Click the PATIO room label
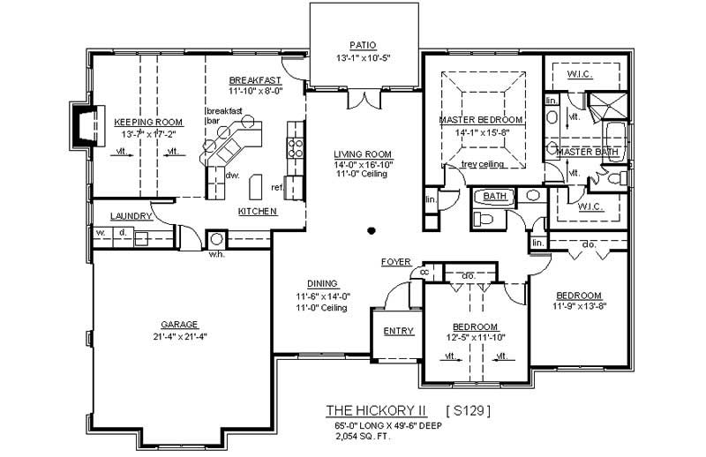[363, 44]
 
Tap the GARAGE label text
[179, 324]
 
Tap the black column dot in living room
[372, 231]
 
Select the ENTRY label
[398, 332]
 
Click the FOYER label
[396, 262]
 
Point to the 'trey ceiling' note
[482, 165]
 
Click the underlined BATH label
[494, 197]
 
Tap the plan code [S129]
[468, 410]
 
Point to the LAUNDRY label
[131, 216]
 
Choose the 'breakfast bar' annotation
[223, 116]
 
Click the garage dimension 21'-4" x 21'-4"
[179, 336]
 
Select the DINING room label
[323, 285]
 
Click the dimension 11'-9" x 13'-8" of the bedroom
[578, 307]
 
